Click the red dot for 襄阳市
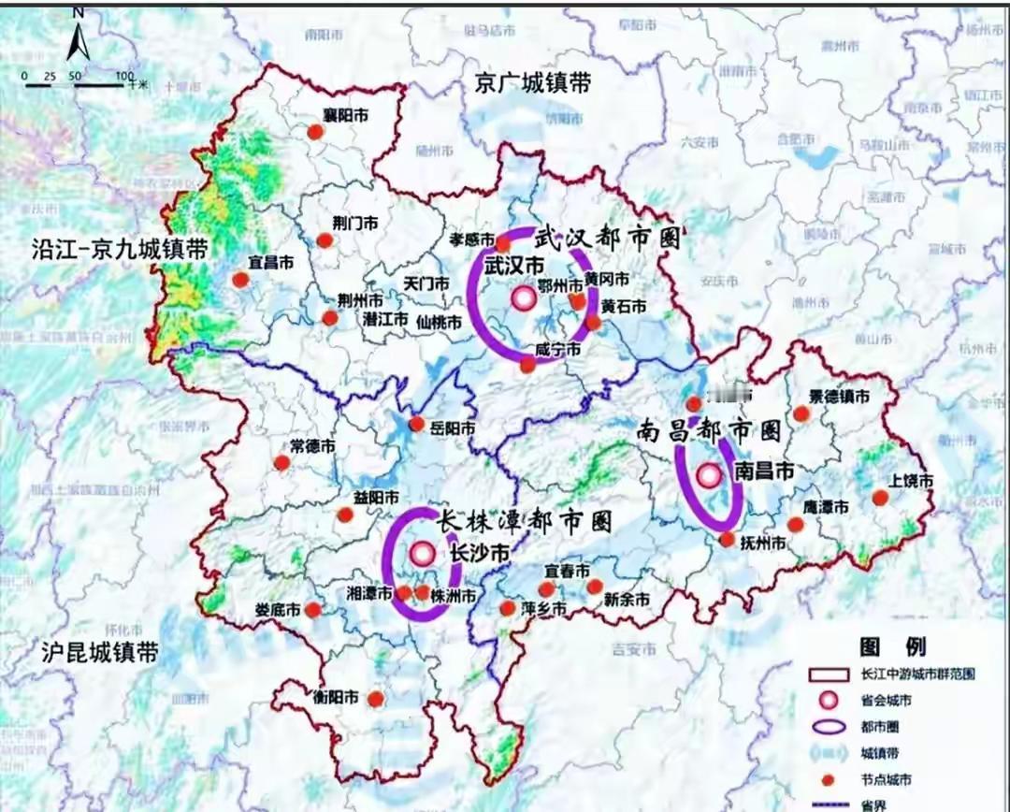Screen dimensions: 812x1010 (x=316, y=132)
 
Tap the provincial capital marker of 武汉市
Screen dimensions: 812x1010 (x=524, y=298)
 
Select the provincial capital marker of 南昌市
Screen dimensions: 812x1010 (x=709, y=475)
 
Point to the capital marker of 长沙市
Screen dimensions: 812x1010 (x=423, y=554)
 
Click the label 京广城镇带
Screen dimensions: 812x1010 (x=532, y=83)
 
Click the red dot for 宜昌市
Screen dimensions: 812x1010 (x=241, y=280)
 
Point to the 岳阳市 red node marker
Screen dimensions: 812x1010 (x=417, y=426)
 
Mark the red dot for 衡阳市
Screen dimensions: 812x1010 (x=376, y=699)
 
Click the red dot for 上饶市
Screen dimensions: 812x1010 (x=880, y=498)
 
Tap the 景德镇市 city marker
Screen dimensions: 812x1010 (x=801, y=413)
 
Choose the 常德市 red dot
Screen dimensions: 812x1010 (x=282, y=462)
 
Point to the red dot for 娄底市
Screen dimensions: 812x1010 (x=313, y=610)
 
